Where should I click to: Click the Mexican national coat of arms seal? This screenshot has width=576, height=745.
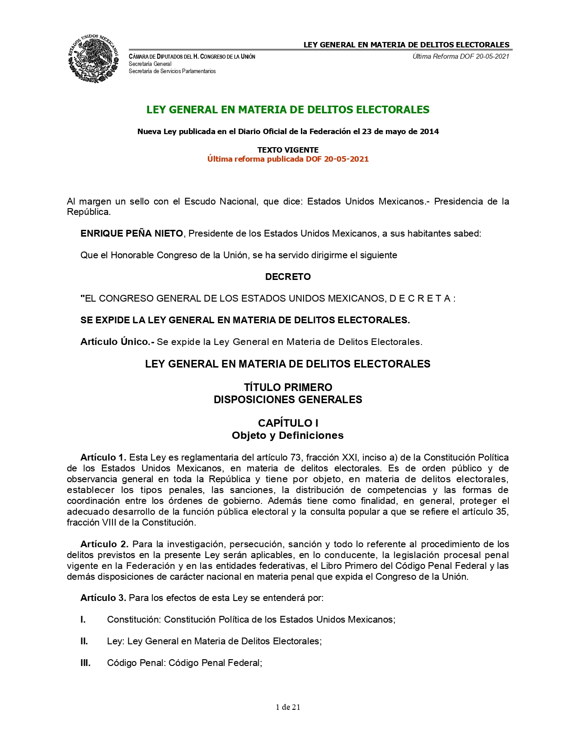pos(94,58)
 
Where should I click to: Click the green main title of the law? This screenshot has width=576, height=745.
pos(288,110)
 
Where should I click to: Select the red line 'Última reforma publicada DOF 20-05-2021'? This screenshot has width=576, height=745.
pos(288,159)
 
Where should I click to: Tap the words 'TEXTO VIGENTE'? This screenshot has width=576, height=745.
pos(288,150)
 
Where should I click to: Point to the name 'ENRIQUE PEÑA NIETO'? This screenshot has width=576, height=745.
pos(131,233)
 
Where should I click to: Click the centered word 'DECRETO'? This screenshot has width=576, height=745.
pos(288,277)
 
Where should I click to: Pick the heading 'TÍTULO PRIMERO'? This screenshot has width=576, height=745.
pos(288,387)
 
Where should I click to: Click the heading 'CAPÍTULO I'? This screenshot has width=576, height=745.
pos(288,423)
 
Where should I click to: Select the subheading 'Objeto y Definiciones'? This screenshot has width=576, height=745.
pos(288,435)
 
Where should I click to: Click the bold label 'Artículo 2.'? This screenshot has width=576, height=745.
pos(104,544)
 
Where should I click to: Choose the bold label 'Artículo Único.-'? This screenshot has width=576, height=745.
pos(117,342)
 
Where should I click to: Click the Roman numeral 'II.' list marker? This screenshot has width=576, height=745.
pos(84,641)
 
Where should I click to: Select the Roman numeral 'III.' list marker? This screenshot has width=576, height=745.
pos(85,663)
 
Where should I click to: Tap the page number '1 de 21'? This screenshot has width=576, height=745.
pos(288,707)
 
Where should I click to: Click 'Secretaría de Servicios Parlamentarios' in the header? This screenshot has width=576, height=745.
pos(172,71)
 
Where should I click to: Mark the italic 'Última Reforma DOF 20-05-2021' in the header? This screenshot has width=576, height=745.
pos(461,56)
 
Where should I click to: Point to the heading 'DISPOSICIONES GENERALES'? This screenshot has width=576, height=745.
pos(288,400)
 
